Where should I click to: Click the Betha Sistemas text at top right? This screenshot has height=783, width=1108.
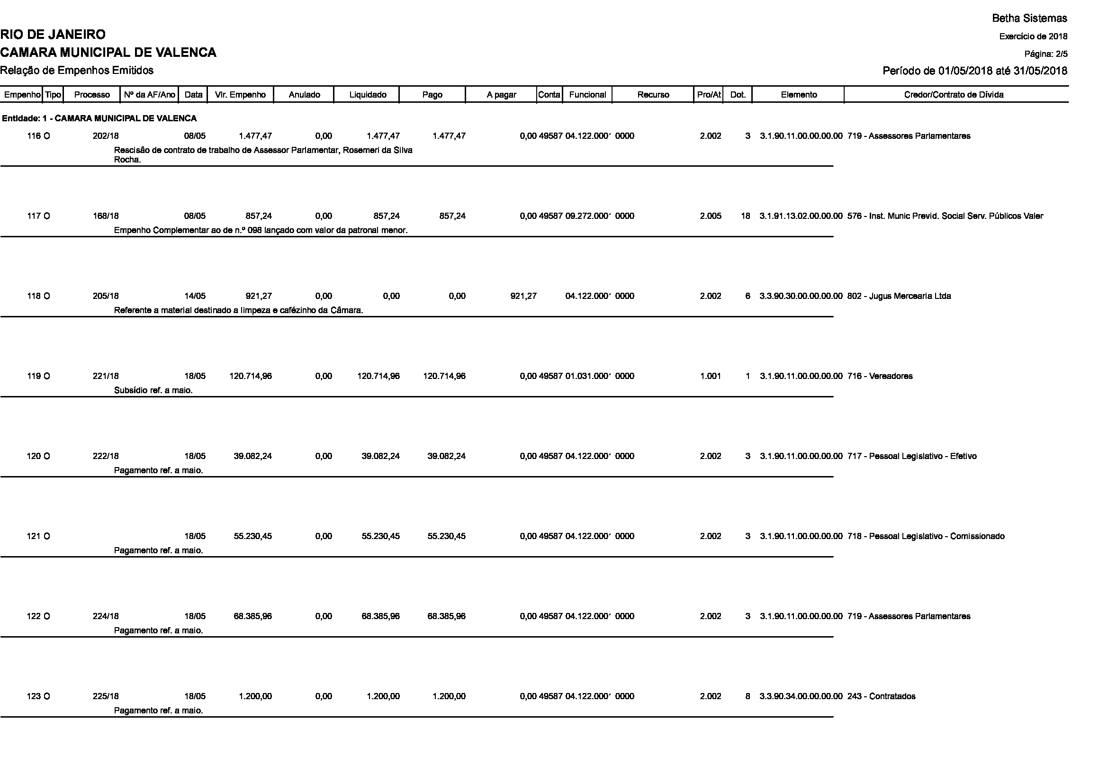click(x=1029, y=18)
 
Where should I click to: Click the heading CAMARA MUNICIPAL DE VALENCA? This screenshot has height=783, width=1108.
click(x=108, y=53)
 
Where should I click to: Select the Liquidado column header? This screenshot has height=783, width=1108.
click(x=367, y=95)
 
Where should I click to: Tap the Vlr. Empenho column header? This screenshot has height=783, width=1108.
click(x=240, y=95)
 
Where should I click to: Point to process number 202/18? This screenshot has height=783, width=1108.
click(x=106, y=136)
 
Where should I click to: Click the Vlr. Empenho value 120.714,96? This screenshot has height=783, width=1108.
click(x=251, y=376)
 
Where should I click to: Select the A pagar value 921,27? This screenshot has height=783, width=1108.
click(x=523, y=296)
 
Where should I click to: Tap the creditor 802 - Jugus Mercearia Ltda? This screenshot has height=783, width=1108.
click(x=899, y=296)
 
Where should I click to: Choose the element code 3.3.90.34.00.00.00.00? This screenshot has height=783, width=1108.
click(x=801, y=696)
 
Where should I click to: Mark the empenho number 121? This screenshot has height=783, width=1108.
click(x=34, y=536)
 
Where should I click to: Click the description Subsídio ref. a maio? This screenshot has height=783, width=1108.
click(x=153, y=390)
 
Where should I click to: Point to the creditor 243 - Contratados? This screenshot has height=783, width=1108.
click(x=881, y=696)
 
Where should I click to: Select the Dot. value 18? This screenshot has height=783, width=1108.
click(x=746, y=216)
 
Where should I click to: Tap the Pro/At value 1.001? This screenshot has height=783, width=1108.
click(x=711, y=376)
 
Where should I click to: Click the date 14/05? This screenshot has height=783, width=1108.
click(x=195, y=296)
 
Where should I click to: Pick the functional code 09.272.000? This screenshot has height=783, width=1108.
click(x=587, y=216)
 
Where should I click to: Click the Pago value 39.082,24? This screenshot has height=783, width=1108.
click(x=446, y=456)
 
